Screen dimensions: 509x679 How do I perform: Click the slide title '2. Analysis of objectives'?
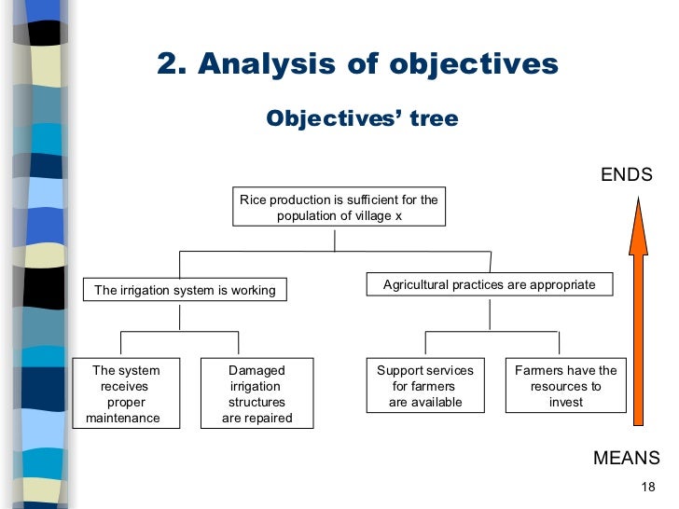(x=357, y=64)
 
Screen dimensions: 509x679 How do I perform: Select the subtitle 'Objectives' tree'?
(x=362, y=119)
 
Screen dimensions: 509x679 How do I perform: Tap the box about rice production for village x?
(x=339, y=207)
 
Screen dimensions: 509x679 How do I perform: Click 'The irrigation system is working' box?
(x=185, y=290)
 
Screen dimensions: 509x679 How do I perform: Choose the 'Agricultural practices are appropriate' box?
(x=489, y=284)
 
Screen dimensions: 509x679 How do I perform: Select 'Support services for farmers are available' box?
(x=424, y=386)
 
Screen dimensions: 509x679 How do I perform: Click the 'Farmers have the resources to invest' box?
(x=565, y=386)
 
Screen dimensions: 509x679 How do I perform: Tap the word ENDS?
(x=626, y=175)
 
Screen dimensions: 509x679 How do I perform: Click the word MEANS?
(x=626, y=458)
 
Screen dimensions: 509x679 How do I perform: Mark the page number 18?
(x=650, y=488)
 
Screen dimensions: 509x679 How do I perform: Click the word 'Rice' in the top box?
(x=252, y=199)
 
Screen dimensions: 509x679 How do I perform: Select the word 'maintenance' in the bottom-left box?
(x=123, y=419)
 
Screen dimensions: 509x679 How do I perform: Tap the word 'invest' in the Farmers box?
(x=566, y=403)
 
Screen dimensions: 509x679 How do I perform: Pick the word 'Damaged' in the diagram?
(x=256, y=370)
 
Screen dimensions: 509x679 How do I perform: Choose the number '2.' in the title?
(x=172, y=64)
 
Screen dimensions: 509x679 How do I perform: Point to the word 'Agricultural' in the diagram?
(x=416, y=284)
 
